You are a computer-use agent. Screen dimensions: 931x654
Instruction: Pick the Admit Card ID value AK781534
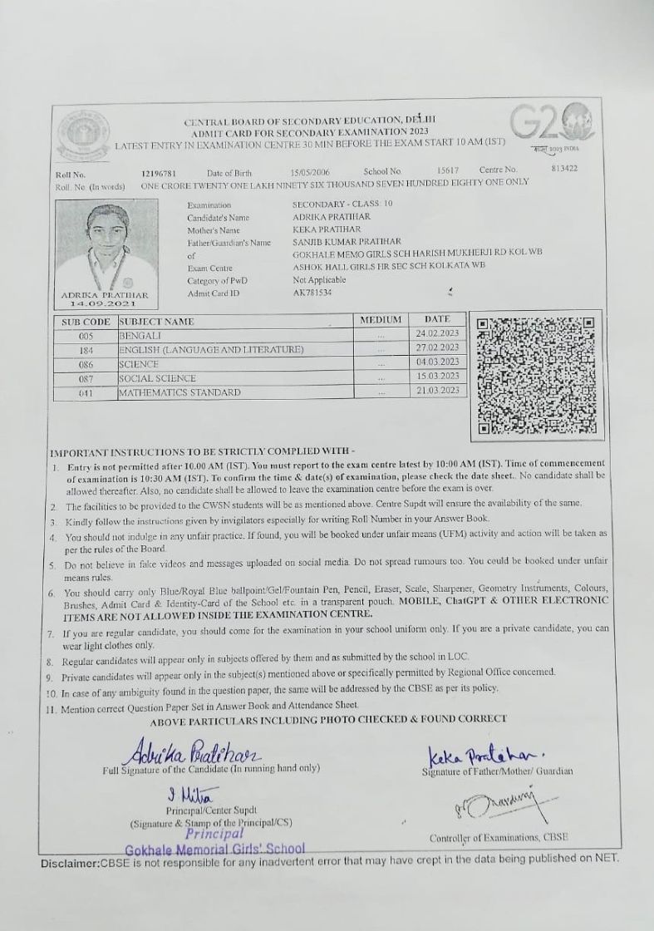coord(312,293)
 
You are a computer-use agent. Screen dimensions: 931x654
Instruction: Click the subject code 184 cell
coord(86,349)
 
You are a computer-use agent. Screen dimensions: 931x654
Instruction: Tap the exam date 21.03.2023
coord(437,390)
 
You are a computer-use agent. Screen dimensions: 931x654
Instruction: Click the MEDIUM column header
coord(381,319)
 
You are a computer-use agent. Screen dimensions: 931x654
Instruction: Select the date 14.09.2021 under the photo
coord(105,304)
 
